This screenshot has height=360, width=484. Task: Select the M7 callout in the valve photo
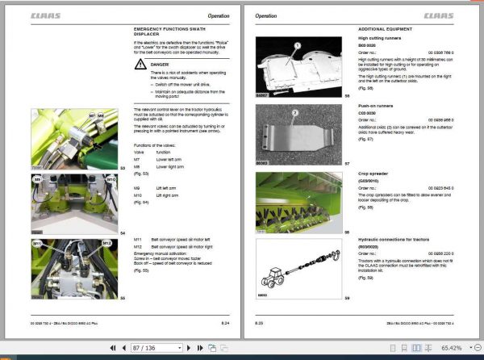click(x=91, y=117)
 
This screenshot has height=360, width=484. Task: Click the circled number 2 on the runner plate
click(x=295, y=114)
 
